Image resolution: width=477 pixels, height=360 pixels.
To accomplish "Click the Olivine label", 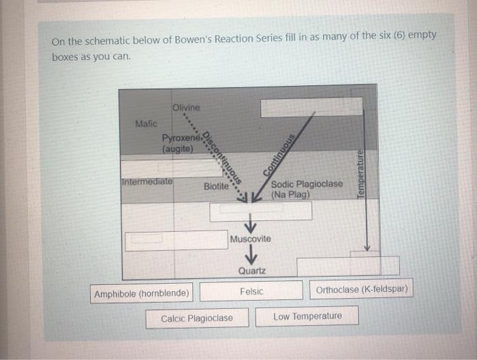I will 186,107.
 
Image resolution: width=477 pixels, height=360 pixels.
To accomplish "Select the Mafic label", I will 146,123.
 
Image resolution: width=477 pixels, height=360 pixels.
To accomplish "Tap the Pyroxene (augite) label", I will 178,142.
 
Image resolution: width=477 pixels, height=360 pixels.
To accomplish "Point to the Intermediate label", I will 147,182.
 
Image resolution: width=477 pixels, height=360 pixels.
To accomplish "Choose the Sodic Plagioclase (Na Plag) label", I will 307,190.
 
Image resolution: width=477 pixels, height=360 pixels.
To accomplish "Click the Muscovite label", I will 250,239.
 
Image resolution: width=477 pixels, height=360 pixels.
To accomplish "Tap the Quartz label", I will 251,271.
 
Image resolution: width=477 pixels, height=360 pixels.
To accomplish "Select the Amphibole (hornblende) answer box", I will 142,294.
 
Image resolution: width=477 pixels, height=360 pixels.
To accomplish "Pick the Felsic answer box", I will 251,291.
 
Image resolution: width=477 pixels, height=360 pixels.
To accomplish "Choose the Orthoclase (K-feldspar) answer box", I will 362,290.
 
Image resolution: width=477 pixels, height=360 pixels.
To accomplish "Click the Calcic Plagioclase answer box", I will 196,318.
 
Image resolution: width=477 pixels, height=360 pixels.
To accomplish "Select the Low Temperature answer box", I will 307,316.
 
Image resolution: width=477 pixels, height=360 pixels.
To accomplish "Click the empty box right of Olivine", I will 311,106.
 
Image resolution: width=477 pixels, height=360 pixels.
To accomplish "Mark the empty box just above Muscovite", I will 260,211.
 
